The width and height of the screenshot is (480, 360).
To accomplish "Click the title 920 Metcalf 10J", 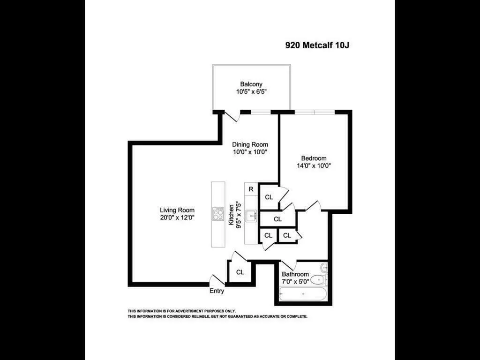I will [317, 45].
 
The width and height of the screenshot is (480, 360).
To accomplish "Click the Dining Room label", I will [250, 144].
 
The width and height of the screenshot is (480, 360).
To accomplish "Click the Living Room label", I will [177, 210].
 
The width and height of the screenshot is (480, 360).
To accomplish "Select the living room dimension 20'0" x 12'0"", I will [177, 217].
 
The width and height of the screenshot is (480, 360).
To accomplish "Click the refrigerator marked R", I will [251, 189].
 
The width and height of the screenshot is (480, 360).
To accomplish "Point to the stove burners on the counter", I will [218, 214].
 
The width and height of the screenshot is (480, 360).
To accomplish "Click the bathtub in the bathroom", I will [303, 294].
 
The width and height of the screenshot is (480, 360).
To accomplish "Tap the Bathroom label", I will [295, 274].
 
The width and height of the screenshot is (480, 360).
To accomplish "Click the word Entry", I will [217, 291].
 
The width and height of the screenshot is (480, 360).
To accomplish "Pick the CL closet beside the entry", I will [240, 272].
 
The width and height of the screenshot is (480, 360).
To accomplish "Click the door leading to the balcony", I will [232, 116].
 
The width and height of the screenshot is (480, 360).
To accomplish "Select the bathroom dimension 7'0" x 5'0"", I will [295, 282].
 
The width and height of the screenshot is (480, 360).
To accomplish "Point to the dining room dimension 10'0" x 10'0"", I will [250, 152].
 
